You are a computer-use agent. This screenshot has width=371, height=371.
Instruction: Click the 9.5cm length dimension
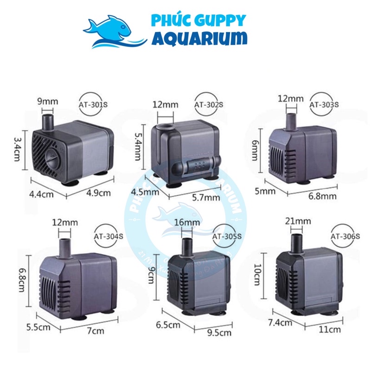220,333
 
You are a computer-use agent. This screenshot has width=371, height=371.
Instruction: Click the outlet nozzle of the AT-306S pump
296,242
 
